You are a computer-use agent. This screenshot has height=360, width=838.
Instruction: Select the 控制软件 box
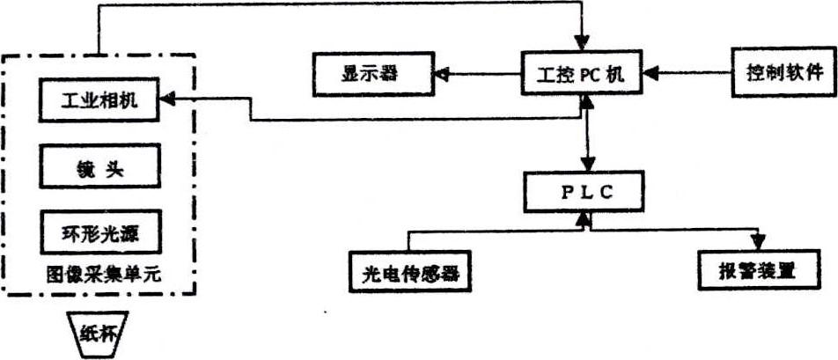[x=780, y=71]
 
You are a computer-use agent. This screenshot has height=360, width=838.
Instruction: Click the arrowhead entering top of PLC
[x=588, y=165]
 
